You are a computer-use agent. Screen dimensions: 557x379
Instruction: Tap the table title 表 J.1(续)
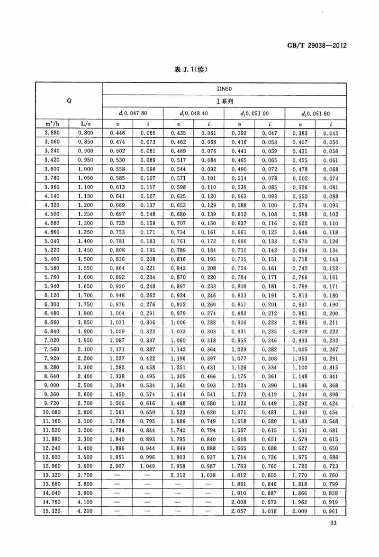pos(191,69)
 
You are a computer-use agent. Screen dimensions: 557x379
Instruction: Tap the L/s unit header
pos(86,124)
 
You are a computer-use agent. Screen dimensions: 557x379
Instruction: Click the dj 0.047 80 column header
pos(133,114)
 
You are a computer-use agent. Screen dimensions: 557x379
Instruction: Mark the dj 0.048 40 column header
pos(194,114)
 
